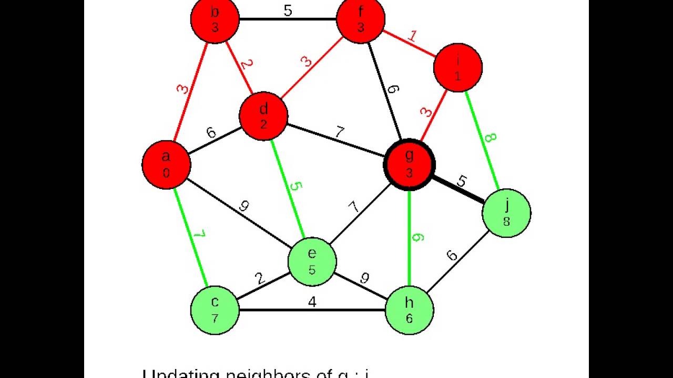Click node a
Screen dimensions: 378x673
point(166,164)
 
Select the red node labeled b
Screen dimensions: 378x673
point(215,20)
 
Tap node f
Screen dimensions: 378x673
point(361,20)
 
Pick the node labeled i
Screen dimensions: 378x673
point(457,68)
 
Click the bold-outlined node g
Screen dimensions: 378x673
point(409,164)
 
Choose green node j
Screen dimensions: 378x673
point(506,213)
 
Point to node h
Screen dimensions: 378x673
point(409,310)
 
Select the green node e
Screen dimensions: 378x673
point(312,261)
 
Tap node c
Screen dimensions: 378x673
point(215,310)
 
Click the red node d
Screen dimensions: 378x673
point(263,116)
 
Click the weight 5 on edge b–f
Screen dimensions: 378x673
point(288,11)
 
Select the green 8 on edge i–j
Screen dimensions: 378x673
point(490,138)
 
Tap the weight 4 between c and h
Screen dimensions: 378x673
point(312,302)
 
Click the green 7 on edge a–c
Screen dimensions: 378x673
point(199,234)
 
